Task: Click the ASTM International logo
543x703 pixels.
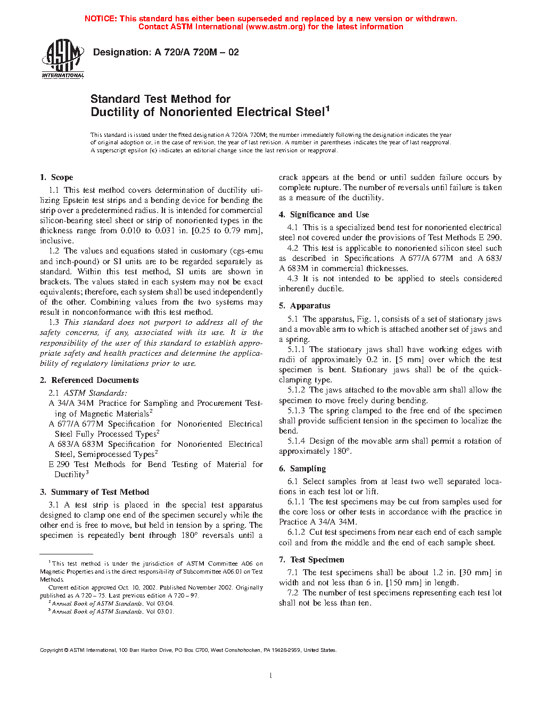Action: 63,59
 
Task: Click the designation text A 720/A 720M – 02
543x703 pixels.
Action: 166,52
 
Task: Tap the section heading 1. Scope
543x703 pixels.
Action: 56,177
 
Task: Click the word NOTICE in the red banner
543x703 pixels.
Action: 101,19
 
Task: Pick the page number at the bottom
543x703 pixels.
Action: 271,676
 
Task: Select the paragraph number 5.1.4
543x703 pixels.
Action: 297,441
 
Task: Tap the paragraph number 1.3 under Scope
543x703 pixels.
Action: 54,322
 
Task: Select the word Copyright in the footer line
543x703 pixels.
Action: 52,650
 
